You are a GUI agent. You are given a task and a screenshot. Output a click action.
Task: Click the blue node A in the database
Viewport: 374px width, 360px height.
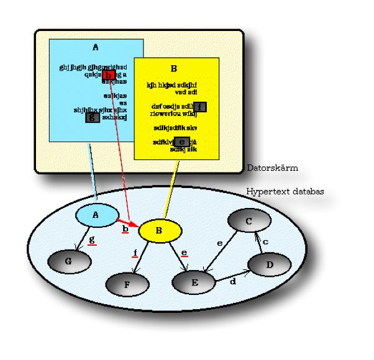[x=96, y=215]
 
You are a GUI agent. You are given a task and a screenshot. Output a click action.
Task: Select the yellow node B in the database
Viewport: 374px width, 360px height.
[x=159, y=231]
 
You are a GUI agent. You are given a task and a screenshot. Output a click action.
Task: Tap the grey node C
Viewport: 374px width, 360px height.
[x=249, y=222]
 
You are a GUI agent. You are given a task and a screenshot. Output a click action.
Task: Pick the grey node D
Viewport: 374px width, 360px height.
[x=269, y=264]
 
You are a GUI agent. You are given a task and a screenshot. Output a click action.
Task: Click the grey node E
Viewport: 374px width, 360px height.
[x=194, y=282]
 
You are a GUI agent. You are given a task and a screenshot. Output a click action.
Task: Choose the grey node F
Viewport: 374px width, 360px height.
[x=127, y=284]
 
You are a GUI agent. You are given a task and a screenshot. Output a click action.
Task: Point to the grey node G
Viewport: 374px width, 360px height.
[x=69, y=261]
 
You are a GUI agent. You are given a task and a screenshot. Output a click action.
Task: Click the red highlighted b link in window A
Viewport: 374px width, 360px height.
[x=108, y=75]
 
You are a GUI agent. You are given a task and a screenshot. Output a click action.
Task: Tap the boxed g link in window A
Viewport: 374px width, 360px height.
[x=92, y=116]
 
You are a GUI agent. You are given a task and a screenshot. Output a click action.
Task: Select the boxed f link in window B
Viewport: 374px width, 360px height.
[x=199, y=106]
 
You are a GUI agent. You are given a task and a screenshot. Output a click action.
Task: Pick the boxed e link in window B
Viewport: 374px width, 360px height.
[x=181, y=142]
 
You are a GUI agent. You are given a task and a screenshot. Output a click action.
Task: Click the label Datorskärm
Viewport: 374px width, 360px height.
[x=272, y=168]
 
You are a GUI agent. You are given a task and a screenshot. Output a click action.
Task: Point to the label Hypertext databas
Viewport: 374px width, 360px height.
[x=285, y=192]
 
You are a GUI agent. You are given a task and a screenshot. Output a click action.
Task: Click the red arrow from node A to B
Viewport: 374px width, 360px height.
[x=128, y=220]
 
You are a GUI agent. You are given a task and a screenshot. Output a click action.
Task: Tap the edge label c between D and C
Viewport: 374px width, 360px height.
[x=265, y=241]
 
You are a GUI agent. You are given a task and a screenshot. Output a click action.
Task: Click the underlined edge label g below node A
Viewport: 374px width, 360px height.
[x=92, y=240]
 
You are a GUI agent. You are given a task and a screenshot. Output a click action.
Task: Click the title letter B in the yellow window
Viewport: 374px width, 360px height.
[x=174, y=69]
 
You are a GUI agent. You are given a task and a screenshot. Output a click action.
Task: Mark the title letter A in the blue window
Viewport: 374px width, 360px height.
[x=95, y=47]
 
